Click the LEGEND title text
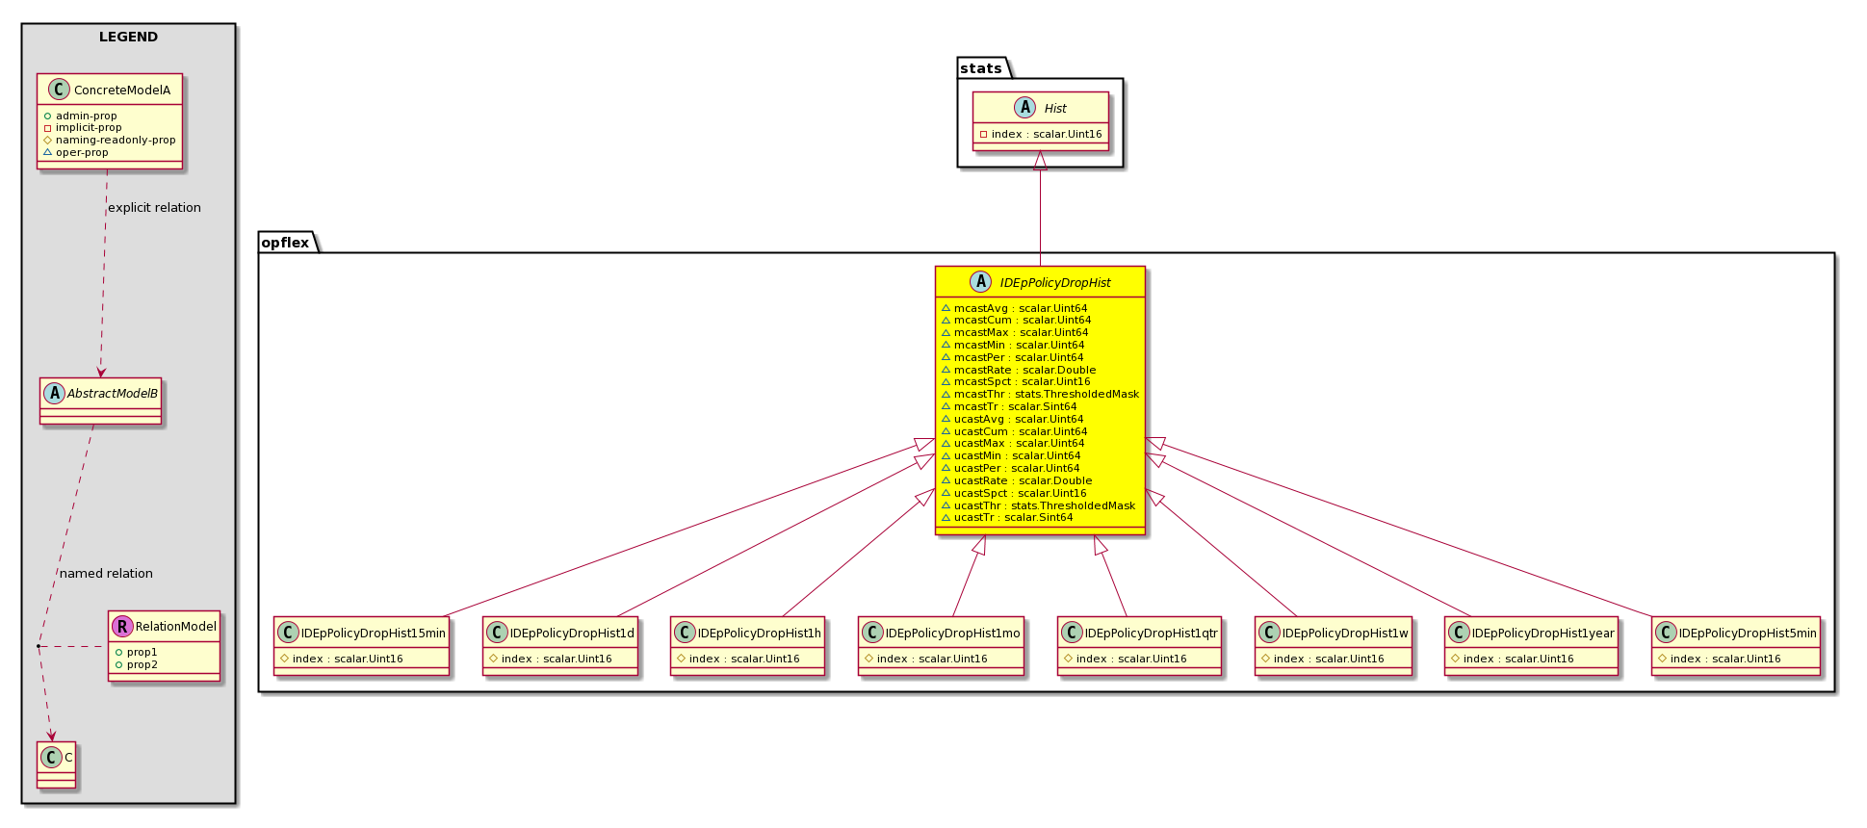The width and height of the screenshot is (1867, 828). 128,37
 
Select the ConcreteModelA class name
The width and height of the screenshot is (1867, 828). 122,91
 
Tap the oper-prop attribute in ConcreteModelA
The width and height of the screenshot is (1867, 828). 82,152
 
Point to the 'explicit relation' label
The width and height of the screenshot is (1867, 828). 154,208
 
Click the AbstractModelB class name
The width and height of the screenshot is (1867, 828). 113,394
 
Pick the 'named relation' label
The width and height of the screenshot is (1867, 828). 106,574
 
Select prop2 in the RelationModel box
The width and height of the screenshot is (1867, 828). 142,665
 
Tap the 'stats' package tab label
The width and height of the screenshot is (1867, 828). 980,68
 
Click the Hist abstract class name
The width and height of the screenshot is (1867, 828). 1055,109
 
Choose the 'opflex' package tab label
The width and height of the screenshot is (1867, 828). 285,243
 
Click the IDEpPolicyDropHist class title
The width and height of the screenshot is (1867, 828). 1055,283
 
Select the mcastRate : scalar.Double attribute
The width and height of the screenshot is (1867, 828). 1024,370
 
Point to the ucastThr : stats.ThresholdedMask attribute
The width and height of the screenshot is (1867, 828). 1044,505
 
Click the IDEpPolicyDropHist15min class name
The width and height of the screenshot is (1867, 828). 374,634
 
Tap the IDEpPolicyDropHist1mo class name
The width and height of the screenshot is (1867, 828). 952,634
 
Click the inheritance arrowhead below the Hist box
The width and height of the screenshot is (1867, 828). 1040,161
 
